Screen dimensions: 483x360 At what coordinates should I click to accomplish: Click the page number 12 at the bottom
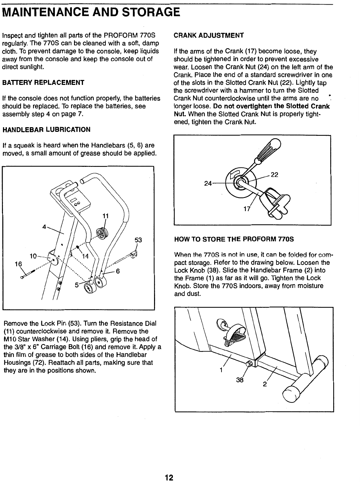coord(169,477)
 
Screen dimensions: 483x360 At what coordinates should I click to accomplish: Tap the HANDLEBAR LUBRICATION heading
coord(46,130)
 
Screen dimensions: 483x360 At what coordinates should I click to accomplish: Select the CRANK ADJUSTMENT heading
coord(209,35)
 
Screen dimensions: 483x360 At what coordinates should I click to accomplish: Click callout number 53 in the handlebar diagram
coord(138,241)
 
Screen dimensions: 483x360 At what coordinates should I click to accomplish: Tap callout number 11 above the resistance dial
coord(105,216)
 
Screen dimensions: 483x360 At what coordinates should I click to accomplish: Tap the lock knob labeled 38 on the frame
coord(250,364)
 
